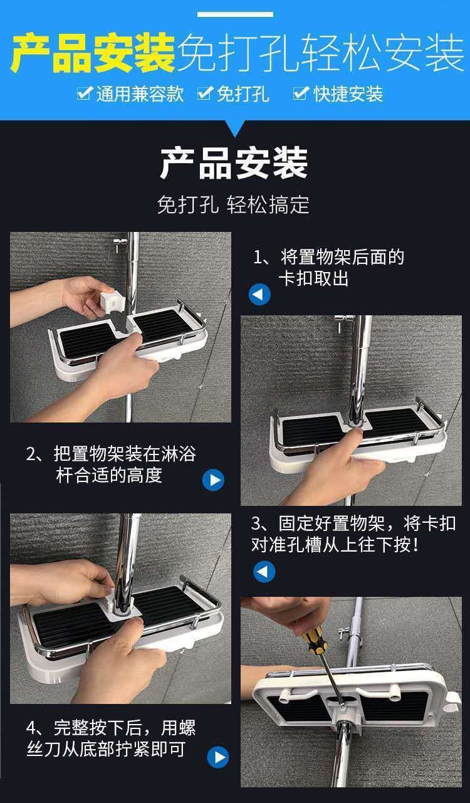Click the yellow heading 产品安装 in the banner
pos(93,53)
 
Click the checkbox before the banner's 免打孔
pos(205,93)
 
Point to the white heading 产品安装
pos(234,163)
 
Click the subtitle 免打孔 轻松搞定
pos(233,205)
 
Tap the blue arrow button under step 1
pos(259,295)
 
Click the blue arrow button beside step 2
pos(213,480)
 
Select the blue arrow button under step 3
pos(264,572)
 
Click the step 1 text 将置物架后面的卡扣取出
pos(329,268)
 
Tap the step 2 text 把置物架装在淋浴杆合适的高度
pos(111,464)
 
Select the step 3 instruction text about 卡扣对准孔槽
pos(353,534)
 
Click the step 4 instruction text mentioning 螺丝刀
pos(111,738)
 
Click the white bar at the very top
pos(235,14)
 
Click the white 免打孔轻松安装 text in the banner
pos(321,53)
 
